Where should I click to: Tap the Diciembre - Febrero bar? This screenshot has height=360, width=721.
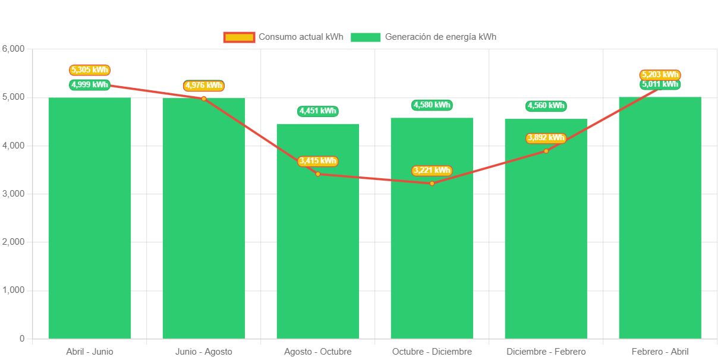coord(546,250)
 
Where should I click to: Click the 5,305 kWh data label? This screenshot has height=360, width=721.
coord(90,70)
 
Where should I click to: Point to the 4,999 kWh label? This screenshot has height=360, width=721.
coord(90,84)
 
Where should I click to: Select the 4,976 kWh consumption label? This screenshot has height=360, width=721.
coord(204,86)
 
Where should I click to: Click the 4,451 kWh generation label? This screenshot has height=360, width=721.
coord(318,111)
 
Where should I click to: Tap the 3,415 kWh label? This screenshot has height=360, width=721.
coord(318,161)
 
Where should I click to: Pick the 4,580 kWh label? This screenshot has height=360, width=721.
coord(432,105)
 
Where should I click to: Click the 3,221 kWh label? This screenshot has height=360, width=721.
coord(432,170)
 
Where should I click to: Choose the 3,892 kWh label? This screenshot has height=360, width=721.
coord(546,138)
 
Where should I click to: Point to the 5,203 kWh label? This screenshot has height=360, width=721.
coord(660,75)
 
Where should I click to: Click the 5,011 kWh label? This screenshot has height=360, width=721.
coord(660,84)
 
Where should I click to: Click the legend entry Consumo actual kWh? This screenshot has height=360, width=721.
coord(284,37)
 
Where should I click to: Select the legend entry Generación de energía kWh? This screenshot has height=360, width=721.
coord(423,37)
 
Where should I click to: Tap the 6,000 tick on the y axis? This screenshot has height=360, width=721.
coord(13,49)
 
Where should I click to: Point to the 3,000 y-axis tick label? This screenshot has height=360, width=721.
coord(13,194)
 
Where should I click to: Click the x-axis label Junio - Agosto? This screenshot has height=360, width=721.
coord(204,352)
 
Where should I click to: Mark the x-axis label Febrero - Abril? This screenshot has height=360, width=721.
coord(660,352)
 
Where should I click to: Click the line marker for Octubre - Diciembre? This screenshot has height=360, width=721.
coord(432,183)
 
